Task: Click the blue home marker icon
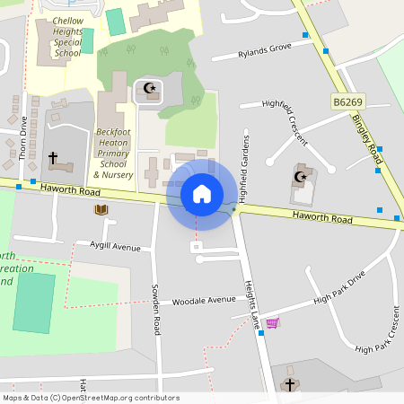[201, 193]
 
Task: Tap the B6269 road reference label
[348, 103]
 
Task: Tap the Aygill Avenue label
[115, 246]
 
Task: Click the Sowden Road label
[155, 310]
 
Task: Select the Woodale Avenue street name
[204, 301]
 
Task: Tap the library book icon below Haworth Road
[101, 210]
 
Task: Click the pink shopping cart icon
[272, 322]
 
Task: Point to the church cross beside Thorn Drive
[53, 158]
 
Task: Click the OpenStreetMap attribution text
[90, 398]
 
